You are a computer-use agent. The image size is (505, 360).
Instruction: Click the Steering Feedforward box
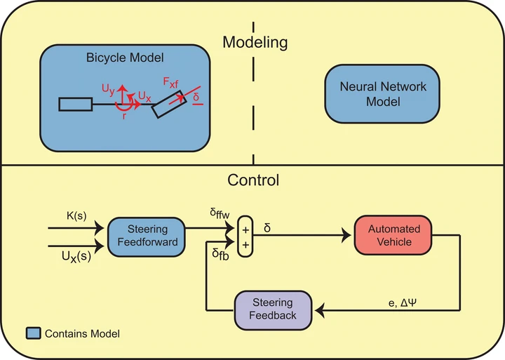click(147, 237)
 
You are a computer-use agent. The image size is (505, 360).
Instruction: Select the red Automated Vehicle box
click(393, 235)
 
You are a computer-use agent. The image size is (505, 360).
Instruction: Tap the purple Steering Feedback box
click(273, 310)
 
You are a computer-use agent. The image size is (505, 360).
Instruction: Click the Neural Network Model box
click(382, 94)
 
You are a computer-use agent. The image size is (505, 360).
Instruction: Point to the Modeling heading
click(255, 42)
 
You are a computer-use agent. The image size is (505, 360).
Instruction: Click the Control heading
click(253, 180)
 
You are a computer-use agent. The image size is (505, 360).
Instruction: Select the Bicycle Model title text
click(125, 58)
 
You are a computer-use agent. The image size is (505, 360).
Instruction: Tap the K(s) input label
click(76, 215)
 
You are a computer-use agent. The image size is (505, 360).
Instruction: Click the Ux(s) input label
click(76, 256)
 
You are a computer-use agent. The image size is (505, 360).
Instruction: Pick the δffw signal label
click(220, 213)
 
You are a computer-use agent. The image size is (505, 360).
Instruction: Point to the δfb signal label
click(221, 254)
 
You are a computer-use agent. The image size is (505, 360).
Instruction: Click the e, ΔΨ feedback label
click(403, 303)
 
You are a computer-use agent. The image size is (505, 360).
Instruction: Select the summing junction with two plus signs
click(245, 236)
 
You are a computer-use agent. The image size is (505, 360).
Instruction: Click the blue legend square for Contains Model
click(33, 333)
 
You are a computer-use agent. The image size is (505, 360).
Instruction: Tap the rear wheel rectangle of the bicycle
click(76, 105)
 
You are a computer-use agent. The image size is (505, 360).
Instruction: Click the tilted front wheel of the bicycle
click(169, 105)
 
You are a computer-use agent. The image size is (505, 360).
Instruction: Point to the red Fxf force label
click(170, 83)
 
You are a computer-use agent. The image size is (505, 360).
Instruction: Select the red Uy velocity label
click(108, 89)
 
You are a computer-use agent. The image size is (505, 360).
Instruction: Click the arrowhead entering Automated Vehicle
click(346, 235)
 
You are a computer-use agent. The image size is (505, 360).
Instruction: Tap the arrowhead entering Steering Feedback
click(320, 311)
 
